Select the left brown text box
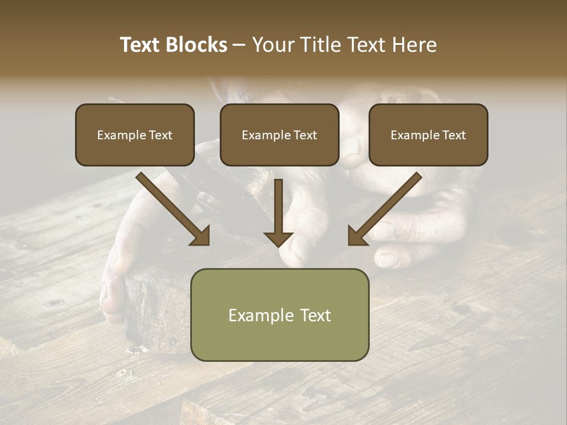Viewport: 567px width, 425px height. [135, 135]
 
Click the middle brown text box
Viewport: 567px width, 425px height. [279, 135]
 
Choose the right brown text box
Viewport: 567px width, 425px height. [428, 135]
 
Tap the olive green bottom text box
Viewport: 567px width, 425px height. [279, 315]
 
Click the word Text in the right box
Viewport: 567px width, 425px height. [454, 135]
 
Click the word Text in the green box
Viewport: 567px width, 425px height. [317, 315]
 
